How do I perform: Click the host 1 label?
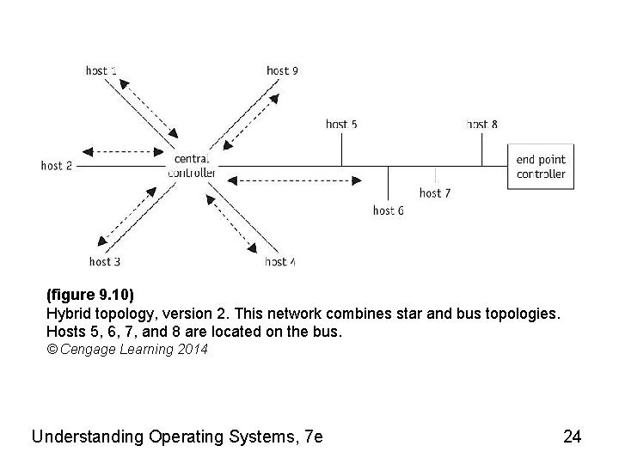pyautogui.click(x=101, y=70)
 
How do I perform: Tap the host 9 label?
pyautogui.click(x=283, y=70)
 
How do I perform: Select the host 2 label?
pyautogui.click(x=57, y=166)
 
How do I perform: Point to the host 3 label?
pyautogui.click(x=105, y=261)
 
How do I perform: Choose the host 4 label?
pyautogui.click(x=281, y=261)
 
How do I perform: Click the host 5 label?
pyautogui.click(x=341, y=125)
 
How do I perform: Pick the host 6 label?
pyautogui.click(x=389, y=211)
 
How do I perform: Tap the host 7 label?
pyautogui.click(x=435, y=193)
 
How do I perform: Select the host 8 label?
pyautogui.click(x=482, y=125)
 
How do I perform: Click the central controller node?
pyautogui.click(x=192, y=165)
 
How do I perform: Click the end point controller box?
pyautogui.click(x=541, y=167)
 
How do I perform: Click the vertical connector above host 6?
pyautogui.click(x=389, y=183)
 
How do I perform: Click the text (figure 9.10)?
pyautogui.click(x=90, y=296)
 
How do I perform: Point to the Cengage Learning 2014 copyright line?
pyautogui.click(x=126, y=350)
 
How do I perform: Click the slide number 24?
pyautogui.click(x=572, y=437)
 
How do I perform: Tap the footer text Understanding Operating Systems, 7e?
pyautogui.click(x=177, y=437)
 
